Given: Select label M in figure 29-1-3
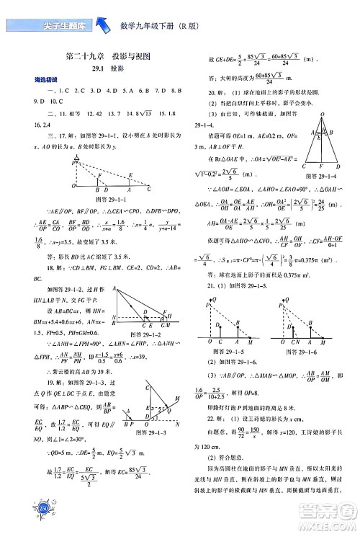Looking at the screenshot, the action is point(179,397).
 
